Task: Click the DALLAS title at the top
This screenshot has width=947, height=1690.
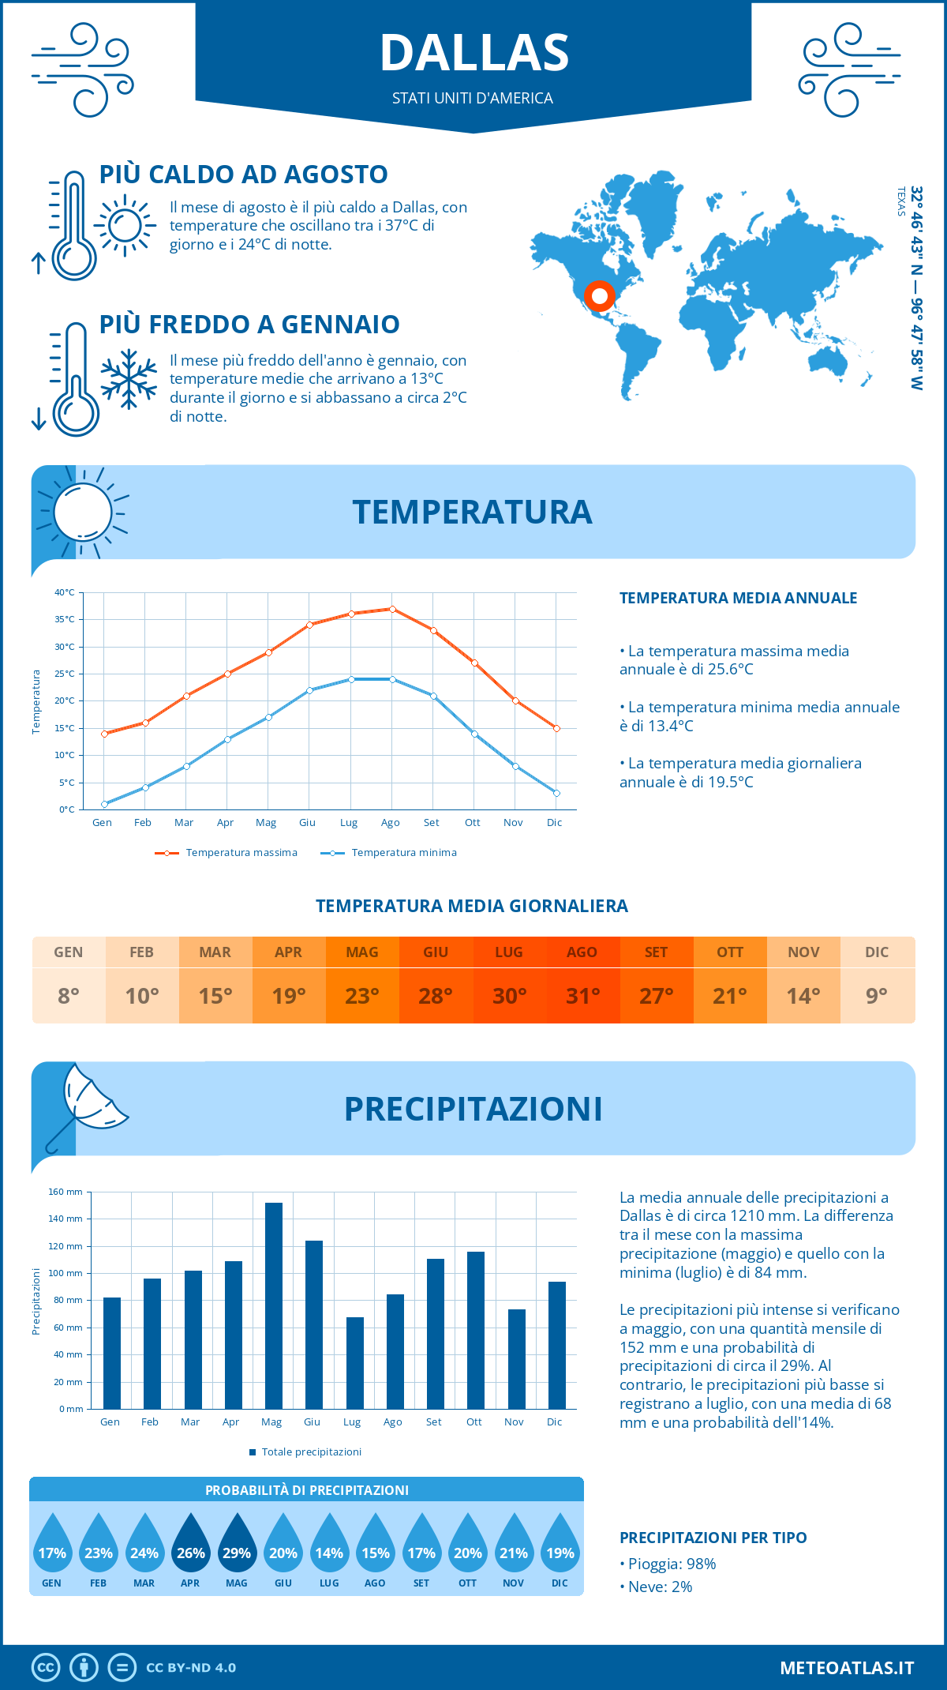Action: click(x=473, y=53)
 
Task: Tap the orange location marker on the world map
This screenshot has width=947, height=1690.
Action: click(x=600, y=296)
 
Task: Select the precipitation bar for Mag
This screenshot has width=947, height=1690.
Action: click(x=274, y=1305)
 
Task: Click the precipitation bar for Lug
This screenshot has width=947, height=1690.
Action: click(x=355, y=1362)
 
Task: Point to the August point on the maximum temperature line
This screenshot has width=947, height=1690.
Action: click(x=392, y=609)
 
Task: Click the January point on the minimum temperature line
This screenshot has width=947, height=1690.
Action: click(x=104, y=804)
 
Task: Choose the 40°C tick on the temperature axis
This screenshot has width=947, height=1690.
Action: click(x=65, y=592)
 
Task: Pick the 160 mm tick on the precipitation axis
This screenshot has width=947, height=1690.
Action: click(x=66, y=1192)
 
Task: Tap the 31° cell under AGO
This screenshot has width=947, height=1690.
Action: click(x=582, y=996)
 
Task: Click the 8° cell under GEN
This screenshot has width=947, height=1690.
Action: click(x=69, y=996)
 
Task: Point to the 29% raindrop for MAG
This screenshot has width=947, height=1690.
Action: click(x=237, y=1545)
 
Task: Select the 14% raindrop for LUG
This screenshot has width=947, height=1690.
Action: click(x=329, y=1545)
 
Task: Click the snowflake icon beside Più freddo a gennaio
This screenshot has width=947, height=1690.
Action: click(x=129, y=379)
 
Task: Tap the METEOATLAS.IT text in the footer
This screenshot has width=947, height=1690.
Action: click(x=846, y=1667)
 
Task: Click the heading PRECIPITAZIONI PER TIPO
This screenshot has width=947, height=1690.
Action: click(x=713, y=1538)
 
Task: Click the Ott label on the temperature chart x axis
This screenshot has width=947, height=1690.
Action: click(x=472, y=823)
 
